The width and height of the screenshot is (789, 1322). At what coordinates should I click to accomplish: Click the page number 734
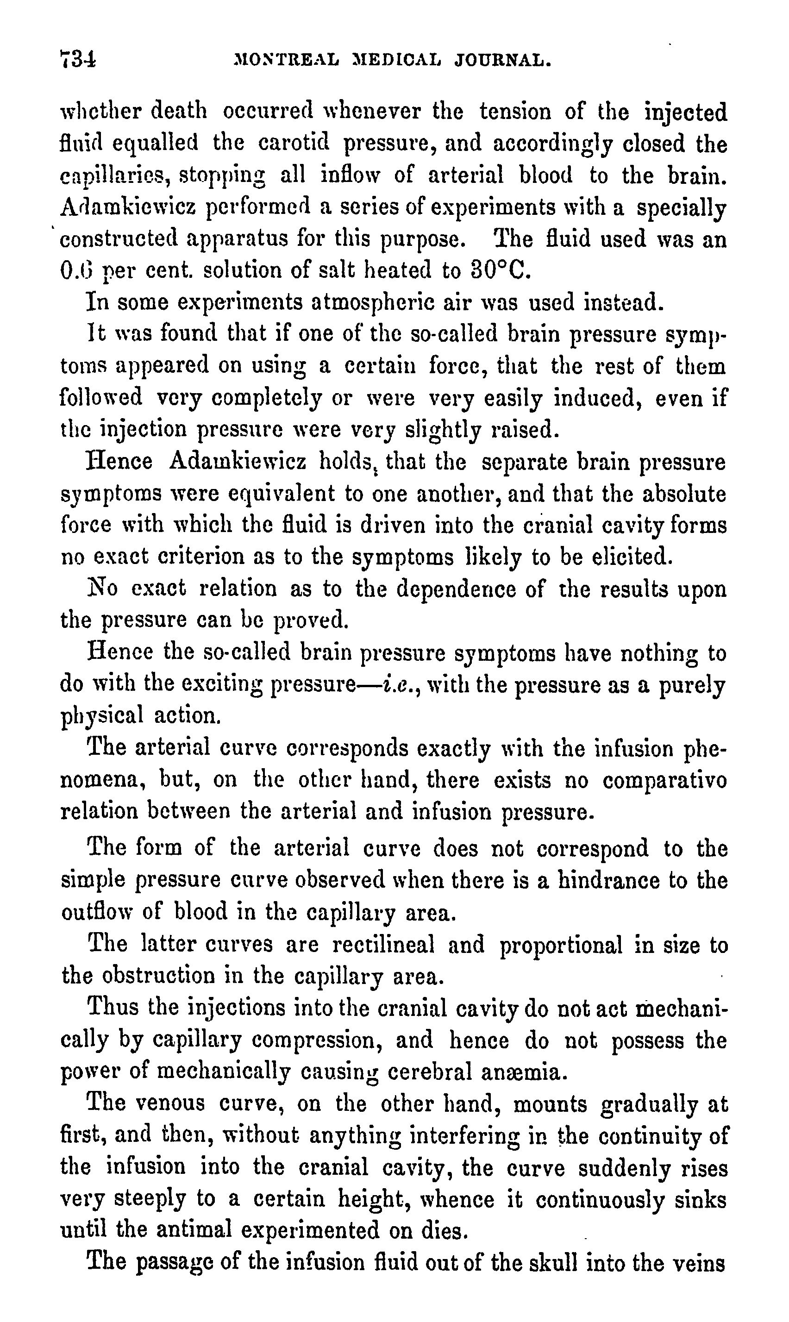point(78,58)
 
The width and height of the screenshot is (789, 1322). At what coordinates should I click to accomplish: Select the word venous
point(169,1103)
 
